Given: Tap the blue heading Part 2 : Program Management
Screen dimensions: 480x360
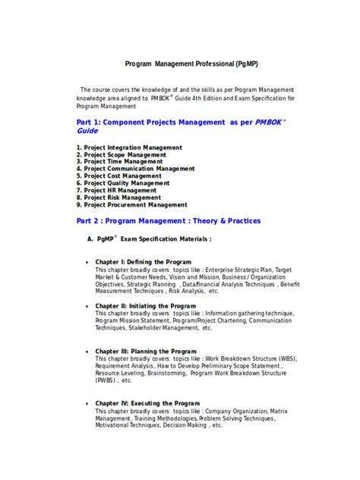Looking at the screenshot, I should [x=169, y=221].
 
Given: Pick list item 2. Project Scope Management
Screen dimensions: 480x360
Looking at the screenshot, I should [x=122, y=154].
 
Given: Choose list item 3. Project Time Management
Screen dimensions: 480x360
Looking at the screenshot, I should [x=119, y=162].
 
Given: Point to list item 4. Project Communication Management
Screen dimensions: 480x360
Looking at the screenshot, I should [x=135, y=169].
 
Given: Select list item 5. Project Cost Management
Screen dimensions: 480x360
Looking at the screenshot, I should [x=118, y=176].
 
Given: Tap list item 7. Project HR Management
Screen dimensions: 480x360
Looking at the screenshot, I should [x=115, y=191].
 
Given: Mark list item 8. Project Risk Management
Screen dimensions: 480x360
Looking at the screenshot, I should [x=118, y=197].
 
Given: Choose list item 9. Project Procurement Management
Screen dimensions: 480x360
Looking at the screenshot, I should [x=131, y=205].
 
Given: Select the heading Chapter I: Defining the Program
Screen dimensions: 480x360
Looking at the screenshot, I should [x=143, y=262].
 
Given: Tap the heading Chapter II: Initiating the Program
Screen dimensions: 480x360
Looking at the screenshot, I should [x=144, y=305].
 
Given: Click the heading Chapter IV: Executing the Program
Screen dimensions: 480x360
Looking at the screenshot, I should [x=147, y=403].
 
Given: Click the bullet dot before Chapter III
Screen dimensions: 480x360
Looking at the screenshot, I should [x=87, y=352].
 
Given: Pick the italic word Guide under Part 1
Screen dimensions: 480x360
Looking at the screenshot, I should [x=87, y=131].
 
